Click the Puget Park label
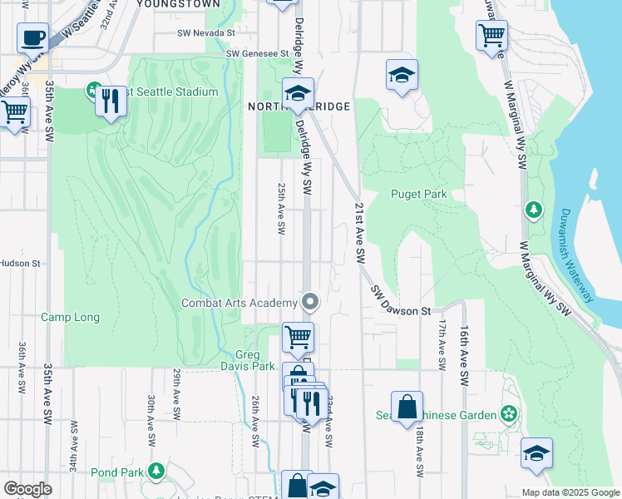[x=419, y=194]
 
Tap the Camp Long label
[x=71, y=317]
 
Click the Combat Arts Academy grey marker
[x=310, y=301]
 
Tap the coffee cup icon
[x=32, y=37]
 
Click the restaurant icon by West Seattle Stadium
[x=111, y=100]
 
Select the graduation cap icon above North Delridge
[x=297, y=94]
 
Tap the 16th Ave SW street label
[x=466, y=351]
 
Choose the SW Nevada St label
[x=206, y=34]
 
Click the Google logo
[x=27, y=488]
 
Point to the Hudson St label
[x=20, y=264]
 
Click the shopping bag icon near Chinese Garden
[x=407, y=408]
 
